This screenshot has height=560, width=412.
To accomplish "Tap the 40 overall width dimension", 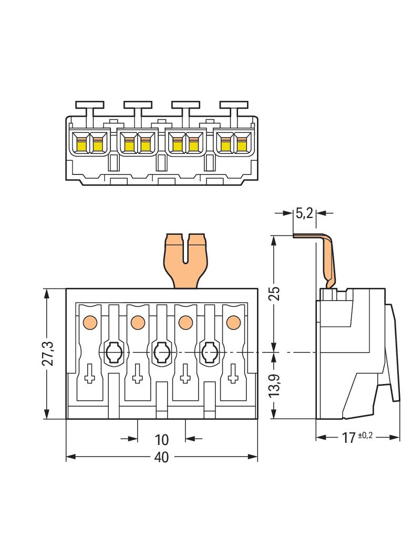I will point(161,458).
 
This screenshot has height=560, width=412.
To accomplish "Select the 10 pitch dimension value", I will point(161,439).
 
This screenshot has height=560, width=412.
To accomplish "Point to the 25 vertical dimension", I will point(274,293).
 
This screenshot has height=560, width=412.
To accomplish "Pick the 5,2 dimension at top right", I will point(304,213).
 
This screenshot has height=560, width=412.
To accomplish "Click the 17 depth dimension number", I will point(348,438).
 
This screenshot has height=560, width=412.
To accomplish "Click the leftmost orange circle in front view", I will point(90,322).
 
